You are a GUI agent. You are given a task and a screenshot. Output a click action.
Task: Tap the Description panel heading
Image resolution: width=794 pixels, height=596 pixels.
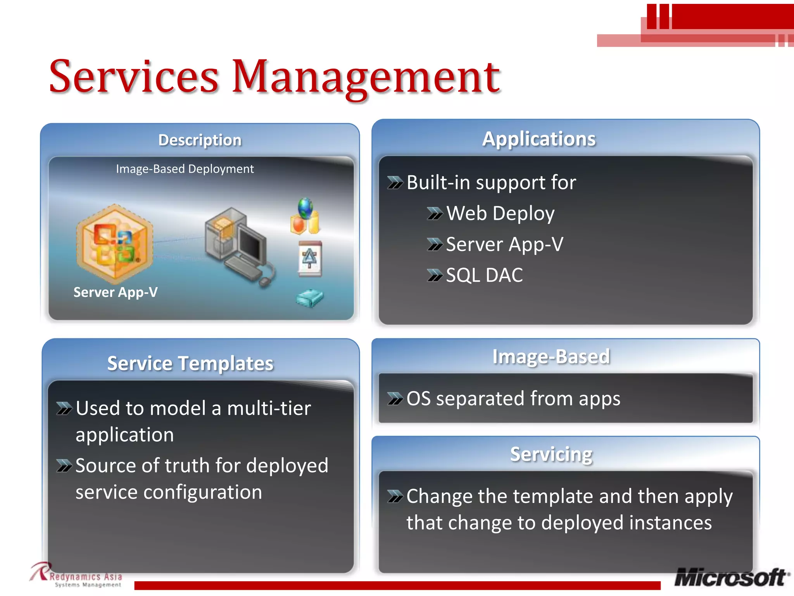[200, 140]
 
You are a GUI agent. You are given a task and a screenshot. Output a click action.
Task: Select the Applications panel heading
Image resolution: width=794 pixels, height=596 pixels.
[539, 139]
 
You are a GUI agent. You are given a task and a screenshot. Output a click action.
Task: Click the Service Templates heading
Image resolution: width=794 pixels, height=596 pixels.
[190, 364]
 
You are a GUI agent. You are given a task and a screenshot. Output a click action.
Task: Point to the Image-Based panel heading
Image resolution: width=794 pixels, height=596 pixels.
[551, 357]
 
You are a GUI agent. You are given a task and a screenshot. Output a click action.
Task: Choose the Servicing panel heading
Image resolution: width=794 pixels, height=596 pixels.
[551, 454]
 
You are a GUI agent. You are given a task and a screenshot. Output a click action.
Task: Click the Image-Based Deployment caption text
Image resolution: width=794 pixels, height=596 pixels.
[185, 169]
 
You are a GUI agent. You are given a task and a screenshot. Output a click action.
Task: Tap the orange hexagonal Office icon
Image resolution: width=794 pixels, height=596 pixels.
[114, 243]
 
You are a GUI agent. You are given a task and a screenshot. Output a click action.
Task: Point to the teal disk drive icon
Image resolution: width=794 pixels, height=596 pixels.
[310, 298]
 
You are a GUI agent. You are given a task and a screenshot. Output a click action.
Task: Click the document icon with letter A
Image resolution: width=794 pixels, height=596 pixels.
[310, 258]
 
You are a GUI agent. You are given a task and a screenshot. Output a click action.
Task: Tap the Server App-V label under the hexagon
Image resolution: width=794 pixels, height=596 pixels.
[116, 292]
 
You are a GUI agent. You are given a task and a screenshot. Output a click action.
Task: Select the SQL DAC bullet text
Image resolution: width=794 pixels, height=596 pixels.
[484, 275]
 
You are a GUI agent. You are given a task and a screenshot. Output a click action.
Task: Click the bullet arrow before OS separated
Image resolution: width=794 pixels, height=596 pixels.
[395, 399]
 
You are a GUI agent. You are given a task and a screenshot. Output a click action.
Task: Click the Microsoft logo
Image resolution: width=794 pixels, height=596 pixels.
[731, 577]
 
